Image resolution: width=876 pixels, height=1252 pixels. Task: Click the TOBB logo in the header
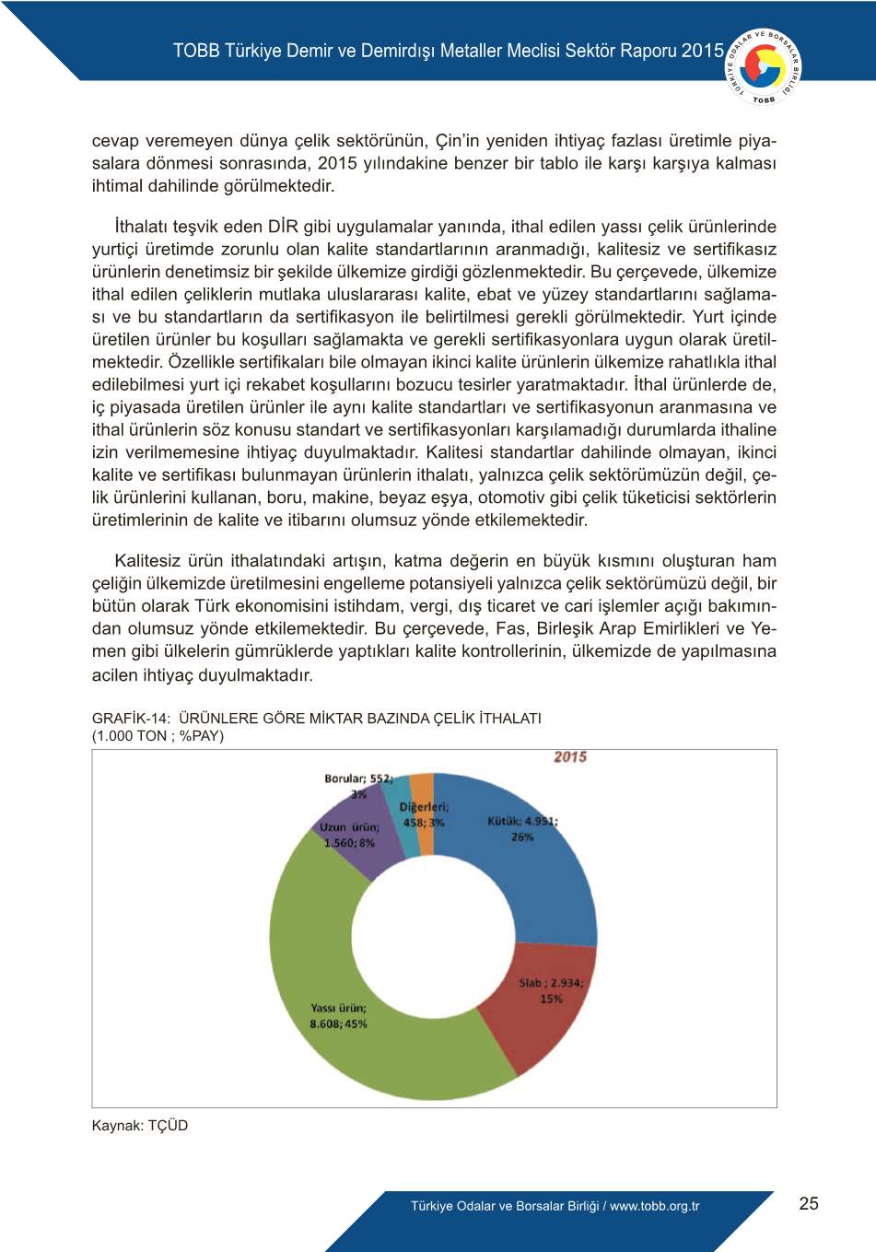tap(764, 66)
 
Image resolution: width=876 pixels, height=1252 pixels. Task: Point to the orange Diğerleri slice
tap(422, 788)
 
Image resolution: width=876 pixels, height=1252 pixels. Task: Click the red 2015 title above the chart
tap(570, 757)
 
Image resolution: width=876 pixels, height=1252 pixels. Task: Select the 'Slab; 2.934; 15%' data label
tap(551, 990)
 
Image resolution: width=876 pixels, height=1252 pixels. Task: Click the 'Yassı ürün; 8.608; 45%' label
tap(338, 1016)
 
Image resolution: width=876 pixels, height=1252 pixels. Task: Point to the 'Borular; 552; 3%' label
tap(358, 785)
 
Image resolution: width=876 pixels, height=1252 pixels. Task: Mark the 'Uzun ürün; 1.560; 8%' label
tap(349, 835)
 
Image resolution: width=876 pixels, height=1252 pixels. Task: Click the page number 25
tap(809, 1203)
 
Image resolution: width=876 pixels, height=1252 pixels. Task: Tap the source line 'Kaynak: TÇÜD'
tap(140, 1125)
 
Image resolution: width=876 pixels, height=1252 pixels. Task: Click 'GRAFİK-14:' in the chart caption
tap(131, 718)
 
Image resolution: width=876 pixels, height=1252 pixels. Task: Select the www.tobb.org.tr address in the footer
tap(654, 1206)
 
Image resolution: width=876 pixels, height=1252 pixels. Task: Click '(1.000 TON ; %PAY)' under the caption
tap(158, 735)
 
